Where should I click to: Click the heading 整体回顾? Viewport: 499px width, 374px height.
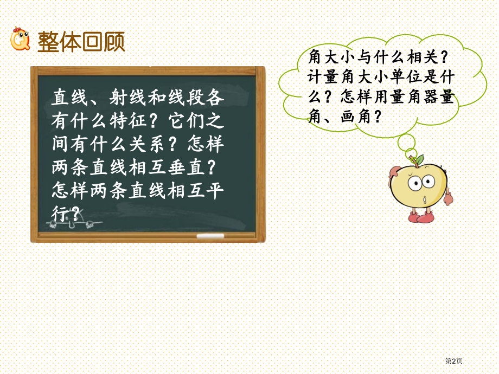click(x=81, y=42)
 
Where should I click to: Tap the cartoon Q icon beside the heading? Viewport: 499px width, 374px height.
click(x=20, y=39)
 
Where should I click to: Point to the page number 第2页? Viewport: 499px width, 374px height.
click(x=453, y=360)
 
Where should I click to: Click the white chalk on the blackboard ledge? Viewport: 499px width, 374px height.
click(x=210, y=236)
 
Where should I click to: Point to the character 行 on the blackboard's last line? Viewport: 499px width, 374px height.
click(x=60, y=213)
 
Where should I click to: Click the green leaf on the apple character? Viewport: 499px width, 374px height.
click(x=419, y=159)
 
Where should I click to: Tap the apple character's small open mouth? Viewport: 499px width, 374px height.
click(x=425, y=200)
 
